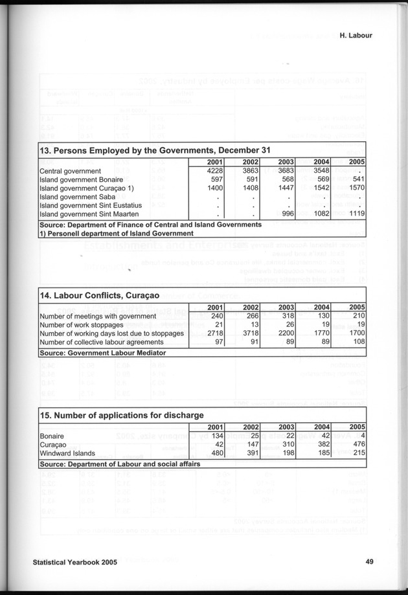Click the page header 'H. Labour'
356,36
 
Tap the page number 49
368,562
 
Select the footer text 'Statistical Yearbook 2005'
75,562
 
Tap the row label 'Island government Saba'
74,196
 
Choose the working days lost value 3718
249,333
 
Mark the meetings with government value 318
286,316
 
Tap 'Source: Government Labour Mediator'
102,353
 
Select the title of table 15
122,415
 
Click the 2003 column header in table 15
285,427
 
